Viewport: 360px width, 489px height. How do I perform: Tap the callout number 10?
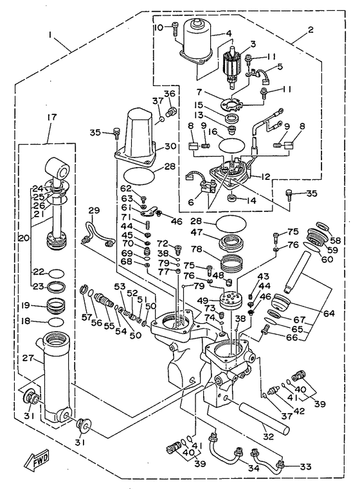[159, 28]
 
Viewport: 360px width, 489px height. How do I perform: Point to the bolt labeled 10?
[174, 30]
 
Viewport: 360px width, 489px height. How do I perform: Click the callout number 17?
[52, 117]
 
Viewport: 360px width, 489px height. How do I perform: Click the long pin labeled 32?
[264, 416]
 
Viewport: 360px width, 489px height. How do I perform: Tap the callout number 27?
[28, 357]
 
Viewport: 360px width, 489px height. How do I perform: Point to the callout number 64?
[328, 313]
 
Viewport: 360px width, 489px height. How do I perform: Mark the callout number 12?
[265, 177]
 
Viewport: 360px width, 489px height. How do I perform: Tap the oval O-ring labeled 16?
[233, 146]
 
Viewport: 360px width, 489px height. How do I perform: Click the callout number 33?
[305, 467]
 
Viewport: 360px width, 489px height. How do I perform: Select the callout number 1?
[50, 35]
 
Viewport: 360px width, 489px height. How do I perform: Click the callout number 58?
[335, 240]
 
